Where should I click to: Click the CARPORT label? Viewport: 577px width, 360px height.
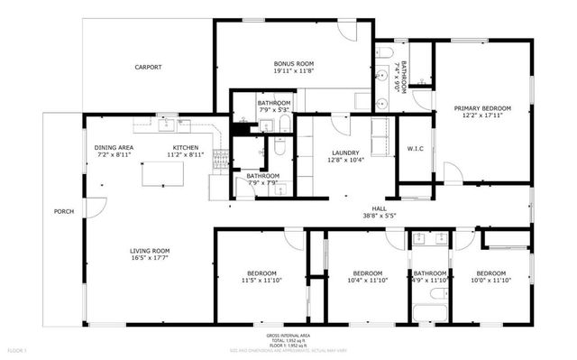148,67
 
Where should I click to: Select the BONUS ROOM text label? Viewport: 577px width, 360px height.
293,63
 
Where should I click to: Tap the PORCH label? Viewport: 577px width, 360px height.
63,211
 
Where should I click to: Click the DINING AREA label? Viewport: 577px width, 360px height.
114,147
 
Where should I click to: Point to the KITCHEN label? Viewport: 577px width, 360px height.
186,147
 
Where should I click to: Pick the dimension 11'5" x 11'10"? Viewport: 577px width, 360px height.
262,282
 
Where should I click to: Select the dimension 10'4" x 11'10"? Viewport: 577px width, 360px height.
368,282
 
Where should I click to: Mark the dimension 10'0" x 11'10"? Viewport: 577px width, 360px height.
490,282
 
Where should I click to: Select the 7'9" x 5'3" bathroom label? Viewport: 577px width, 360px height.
273,103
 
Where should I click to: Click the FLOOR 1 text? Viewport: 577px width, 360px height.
17,349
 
